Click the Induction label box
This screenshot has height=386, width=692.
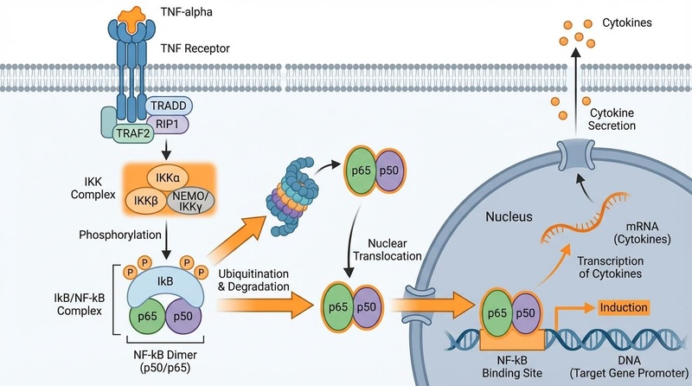click(619, 307)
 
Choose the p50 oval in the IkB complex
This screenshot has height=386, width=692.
click(183, 315)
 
